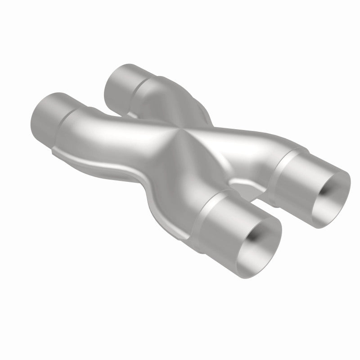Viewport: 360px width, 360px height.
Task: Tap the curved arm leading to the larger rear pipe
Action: click(108, 130)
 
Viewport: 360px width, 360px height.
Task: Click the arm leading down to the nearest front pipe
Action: click(180, 184)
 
